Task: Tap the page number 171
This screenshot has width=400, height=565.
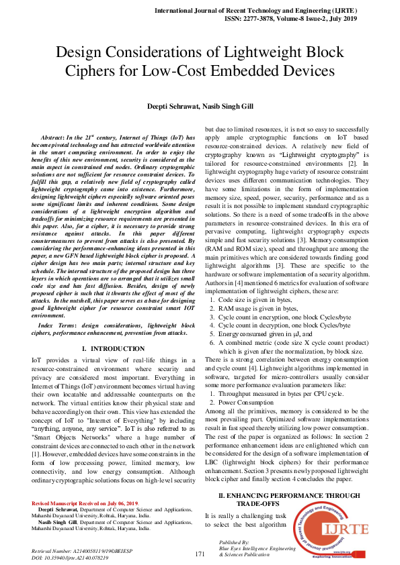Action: tap(200, 554)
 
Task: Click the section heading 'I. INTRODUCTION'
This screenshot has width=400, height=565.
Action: tap(112, 348)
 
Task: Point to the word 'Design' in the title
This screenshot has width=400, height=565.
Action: tap(85, 52)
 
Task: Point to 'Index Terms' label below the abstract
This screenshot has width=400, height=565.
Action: tap(58, 324)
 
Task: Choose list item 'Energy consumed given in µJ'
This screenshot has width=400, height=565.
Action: tap(265, 333)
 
